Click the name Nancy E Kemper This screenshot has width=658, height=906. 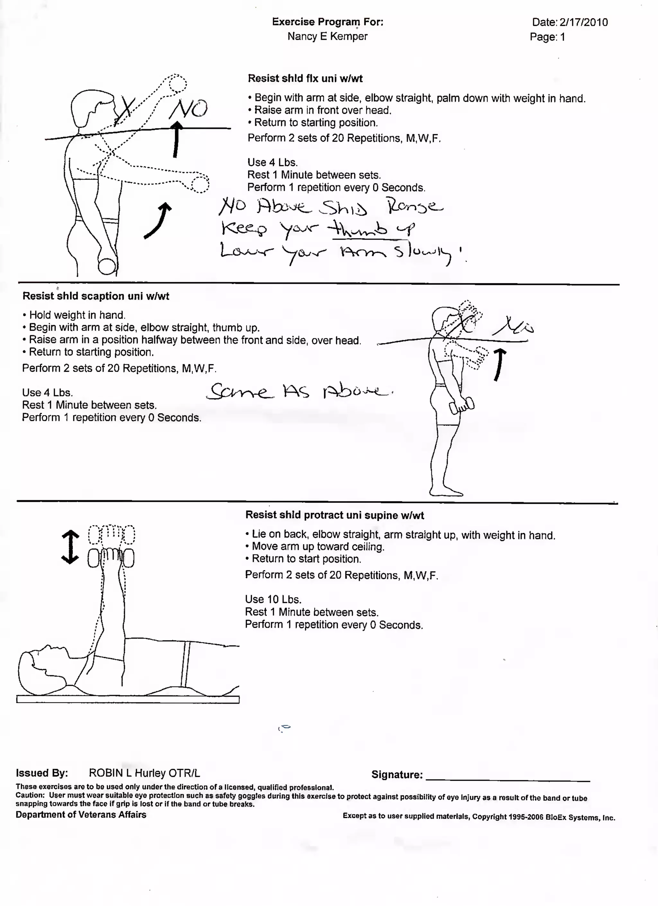327,36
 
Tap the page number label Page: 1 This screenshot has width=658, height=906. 547,37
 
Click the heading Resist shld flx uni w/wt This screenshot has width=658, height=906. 305,78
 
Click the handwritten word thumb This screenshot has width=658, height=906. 357,229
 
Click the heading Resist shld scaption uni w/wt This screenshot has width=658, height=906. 96,296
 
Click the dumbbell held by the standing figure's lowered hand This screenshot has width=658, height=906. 462,406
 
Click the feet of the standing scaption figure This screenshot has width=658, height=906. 446,491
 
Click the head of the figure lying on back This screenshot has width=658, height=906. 38,666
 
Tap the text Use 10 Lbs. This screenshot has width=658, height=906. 273,599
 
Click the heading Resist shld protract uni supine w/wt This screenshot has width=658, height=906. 334,515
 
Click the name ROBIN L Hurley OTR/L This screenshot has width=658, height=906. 144,773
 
